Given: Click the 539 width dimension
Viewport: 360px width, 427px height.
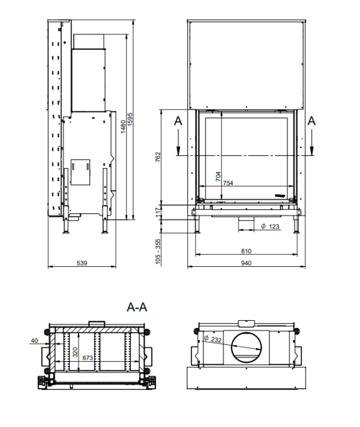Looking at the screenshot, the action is tap(82, 263).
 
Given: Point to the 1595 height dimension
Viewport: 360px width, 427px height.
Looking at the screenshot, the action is tap(130, 119).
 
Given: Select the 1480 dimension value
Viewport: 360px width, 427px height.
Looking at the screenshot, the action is tap(123, 127).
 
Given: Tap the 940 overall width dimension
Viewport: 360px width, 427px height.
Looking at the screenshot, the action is tap(246, 263).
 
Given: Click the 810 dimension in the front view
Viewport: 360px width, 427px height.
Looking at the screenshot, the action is tap(246, 251).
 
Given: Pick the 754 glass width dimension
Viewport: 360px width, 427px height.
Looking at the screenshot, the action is tap(228, 183).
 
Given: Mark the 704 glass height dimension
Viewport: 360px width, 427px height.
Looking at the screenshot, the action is tap(218, 176).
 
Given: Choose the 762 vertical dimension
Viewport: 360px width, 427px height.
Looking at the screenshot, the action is tap(158, 157).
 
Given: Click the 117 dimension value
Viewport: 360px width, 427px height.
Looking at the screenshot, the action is tap(158, 212).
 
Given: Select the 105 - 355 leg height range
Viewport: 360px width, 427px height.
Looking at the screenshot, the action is tap(158, 252).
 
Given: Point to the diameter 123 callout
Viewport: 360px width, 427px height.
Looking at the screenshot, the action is tap(270, 226).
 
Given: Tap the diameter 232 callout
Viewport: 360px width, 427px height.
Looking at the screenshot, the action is tap(212, 339).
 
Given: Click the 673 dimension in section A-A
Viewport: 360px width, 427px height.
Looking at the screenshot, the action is tap(88, 358).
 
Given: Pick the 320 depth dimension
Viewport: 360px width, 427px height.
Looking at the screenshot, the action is tap(76, 352).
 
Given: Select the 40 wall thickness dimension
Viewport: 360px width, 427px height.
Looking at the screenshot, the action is tap(34, 341).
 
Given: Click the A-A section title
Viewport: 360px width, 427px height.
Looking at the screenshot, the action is tap(137, 307).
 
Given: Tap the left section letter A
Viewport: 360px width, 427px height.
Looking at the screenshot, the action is tap(178, 121).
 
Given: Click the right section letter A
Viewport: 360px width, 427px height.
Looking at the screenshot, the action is tap(311, 121).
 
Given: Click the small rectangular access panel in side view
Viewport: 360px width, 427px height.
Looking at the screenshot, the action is tap(80, 172).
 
